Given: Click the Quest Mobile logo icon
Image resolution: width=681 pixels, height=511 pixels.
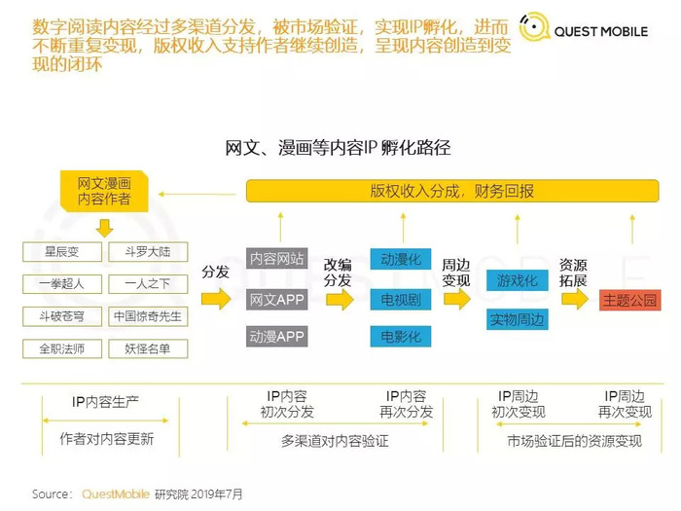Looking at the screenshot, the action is [x=534, y=27].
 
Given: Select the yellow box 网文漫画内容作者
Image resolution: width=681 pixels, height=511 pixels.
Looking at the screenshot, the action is [x=104, y=191].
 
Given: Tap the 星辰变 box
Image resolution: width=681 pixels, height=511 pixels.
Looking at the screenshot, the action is [x=62, y=252].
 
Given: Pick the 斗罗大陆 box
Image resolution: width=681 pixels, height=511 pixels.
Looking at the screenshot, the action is [x=148, y=252].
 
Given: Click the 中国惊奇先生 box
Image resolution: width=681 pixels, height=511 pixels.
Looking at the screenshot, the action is [x=148, y=316].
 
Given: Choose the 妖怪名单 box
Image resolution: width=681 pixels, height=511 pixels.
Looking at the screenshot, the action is [x=148, y=348].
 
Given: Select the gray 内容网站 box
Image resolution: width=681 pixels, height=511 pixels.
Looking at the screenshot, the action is [x=276, y=259].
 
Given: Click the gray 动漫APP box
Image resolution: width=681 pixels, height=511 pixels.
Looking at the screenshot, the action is [x=276, y=337].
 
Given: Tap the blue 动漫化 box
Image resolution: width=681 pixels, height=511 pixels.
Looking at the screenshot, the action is [x=401, y=259].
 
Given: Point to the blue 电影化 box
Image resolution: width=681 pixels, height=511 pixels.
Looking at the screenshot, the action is [x=401, y=337].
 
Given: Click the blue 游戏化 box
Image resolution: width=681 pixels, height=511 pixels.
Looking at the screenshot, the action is [x=517, y=280].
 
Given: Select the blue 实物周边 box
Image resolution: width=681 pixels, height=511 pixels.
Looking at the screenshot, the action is [x=517, y=319].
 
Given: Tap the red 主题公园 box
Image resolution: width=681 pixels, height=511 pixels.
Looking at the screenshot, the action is [x=629, y=300].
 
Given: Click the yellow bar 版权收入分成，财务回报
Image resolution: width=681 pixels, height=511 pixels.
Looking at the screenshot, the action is [x=452, y=191].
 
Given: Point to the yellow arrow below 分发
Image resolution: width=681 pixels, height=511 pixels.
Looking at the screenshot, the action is [x=216, y=299].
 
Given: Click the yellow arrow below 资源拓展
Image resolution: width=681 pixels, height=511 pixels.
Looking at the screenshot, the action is [x=575, y=299].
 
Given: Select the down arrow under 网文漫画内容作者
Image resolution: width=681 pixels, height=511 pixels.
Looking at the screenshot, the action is [x=104, y=228].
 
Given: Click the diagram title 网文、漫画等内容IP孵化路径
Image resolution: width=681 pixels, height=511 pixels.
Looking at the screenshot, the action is [x=338, y=148].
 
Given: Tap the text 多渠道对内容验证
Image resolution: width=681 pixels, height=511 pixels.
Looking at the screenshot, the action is [x=335, y=441].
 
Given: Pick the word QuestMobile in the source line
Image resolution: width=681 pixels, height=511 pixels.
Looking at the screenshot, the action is [x=116, y=494].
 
